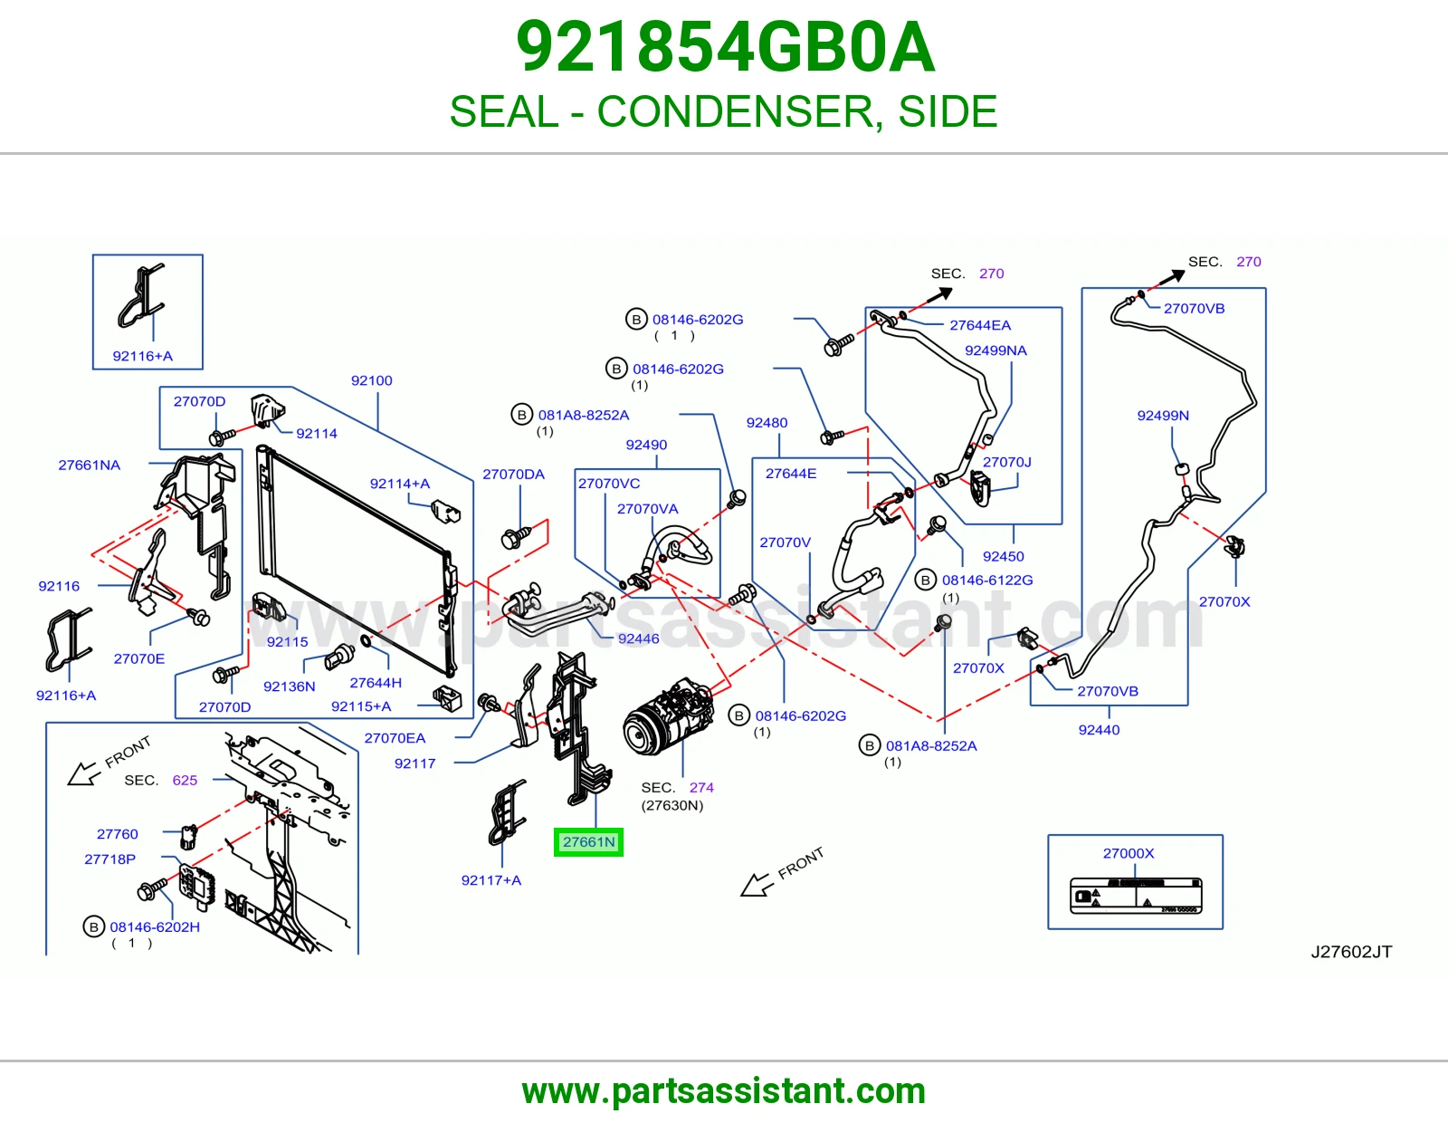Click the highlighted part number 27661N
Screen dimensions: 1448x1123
(588, 841)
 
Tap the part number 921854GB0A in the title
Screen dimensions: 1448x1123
(725, 47)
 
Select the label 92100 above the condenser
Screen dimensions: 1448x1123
(372, 380)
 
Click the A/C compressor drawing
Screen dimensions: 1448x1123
(669, 717)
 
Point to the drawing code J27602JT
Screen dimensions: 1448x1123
(1351, 952)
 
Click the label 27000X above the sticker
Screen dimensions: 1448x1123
(1129, 853)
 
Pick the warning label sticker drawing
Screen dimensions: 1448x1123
(1136, 896)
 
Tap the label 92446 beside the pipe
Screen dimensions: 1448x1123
(638, 638)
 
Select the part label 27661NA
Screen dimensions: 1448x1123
(90, 465)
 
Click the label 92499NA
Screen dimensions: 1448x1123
(995, 350)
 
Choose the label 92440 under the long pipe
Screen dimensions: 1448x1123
(1099, 730)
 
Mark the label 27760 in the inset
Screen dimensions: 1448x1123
(118, 833)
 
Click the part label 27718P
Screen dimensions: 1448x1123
(110, 859)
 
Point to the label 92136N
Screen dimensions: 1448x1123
(290, 686)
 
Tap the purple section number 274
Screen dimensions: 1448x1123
(701, 788)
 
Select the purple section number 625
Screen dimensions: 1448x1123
(185, 781)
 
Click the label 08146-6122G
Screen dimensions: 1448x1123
(987, 581)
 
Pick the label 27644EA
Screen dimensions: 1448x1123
(980, 325)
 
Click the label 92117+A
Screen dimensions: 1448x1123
(491, 880)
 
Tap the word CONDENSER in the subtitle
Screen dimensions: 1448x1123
(735, 111)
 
